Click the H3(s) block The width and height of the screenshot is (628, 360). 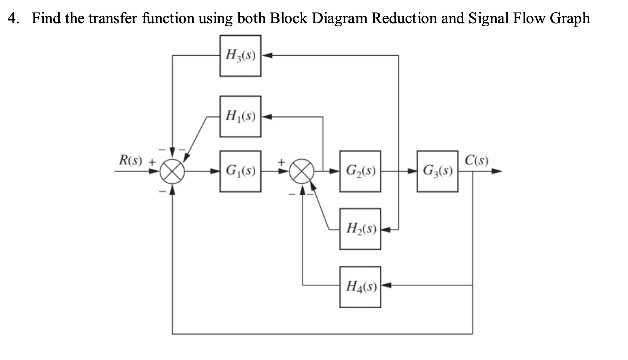[240, 55]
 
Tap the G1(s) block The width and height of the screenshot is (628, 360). [240, 172]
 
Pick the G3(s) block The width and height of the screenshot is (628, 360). [438, 172]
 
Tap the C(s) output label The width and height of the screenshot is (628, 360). [476, 161]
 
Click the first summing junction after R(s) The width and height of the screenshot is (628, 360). [172, 172]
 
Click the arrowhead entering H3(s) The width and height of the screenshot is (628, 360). [265, 55]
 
